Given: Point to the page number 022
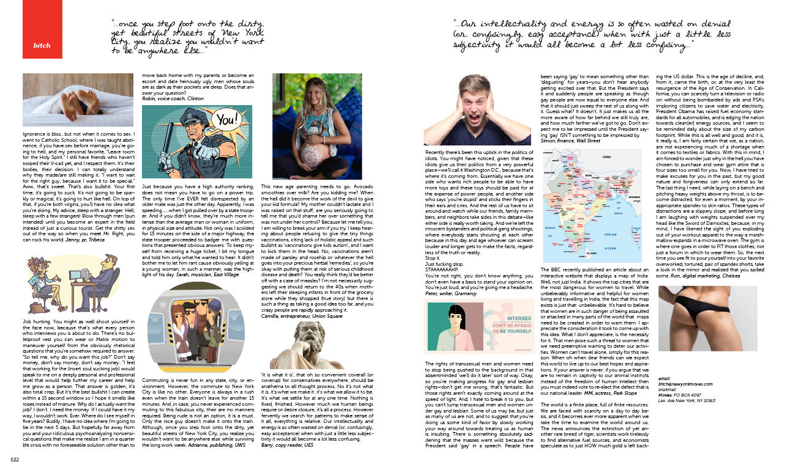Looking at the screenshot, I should [13, 461].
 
